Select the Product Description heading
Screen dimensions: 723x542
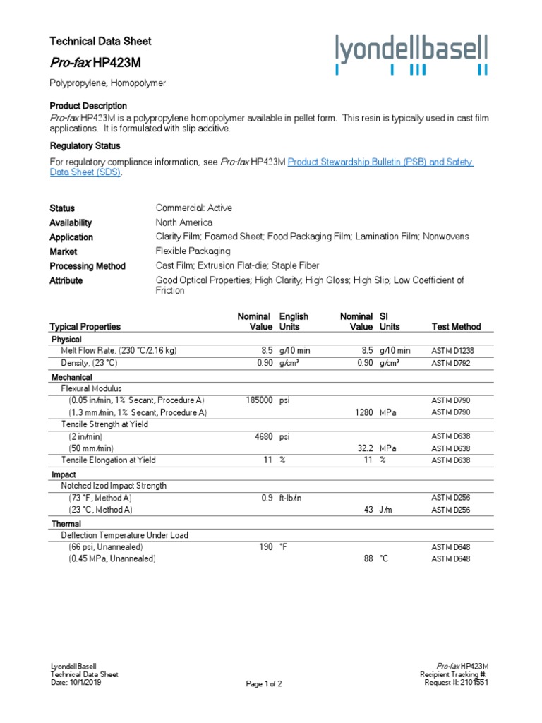[88, 106]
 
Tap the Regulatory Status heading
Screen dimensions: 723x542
[85, 146]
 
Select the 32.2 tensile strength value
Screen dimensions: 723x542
[361, 448]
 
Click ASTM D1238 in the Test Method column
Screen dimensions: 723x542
[455, 350]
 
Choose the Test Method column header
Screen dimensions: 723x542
[456, 327]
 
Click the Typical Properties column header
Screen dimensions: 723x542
[85, 327]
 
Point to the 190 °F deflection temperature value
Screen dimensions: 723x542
[265, 546]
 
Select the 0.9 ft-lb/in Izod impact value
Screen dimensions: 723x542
[267, 498]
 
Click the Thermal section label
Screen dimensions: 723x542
[66, 524]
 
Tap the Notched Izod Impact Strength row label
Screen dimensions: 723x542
[114, 486]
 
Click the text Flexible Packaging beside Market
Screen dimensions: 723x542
[193, 251]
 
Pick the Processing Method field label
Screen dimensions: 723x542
[88, 266]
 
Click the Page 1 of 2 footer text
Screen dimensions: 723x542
[264, 684]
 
